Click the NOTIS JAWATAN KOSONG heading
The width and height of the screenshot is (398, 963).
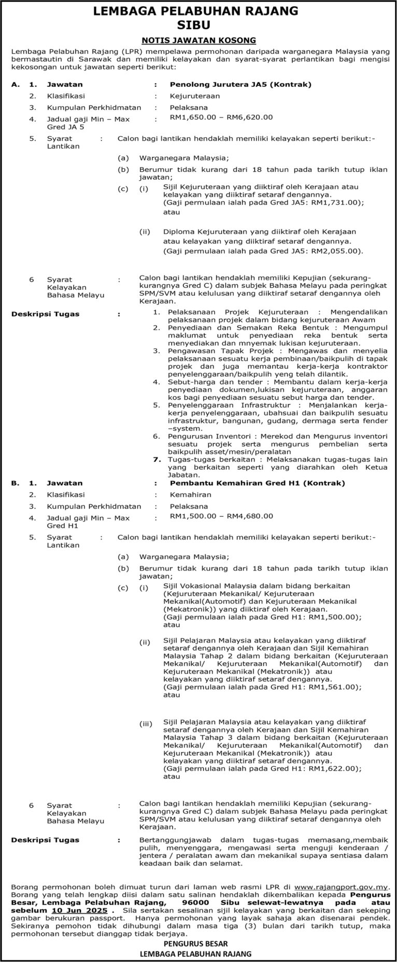(x=199, y=40)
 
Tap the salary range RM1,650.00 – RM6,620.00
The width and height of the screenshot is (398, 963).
(x=221, y=117)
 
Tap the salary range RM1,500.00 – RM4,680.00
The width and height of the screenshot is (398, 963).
(x=221, y=516)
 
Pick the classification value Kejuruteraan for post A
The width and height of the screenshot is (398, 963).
(x=195, y=96)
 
